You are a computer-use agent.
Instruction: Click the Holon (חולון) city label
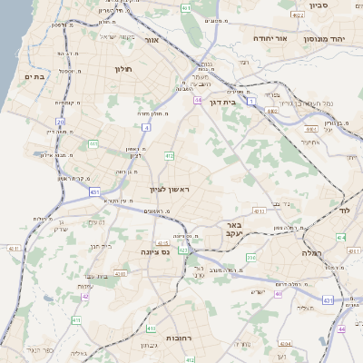pyautogui.click(x=123, y=69)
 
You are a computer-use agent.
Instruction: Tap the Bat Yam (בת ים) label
pyautogui.click(x=33, y=76)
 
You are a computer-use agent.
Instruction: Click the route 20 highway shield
pyautogui.click(x=60, y=121)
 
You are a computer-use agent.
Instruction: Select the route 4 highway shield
pyautogui.click(x=146, y=128)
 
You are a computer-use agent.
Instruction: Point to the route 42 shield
pyautogui.click(x=85, y=296)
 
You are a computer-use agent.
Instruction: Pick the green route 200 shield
pyautogui.click(x=250, y=259)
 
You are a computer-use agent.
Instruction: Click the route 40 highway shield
pyautogui.click(x=279, y=294)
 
